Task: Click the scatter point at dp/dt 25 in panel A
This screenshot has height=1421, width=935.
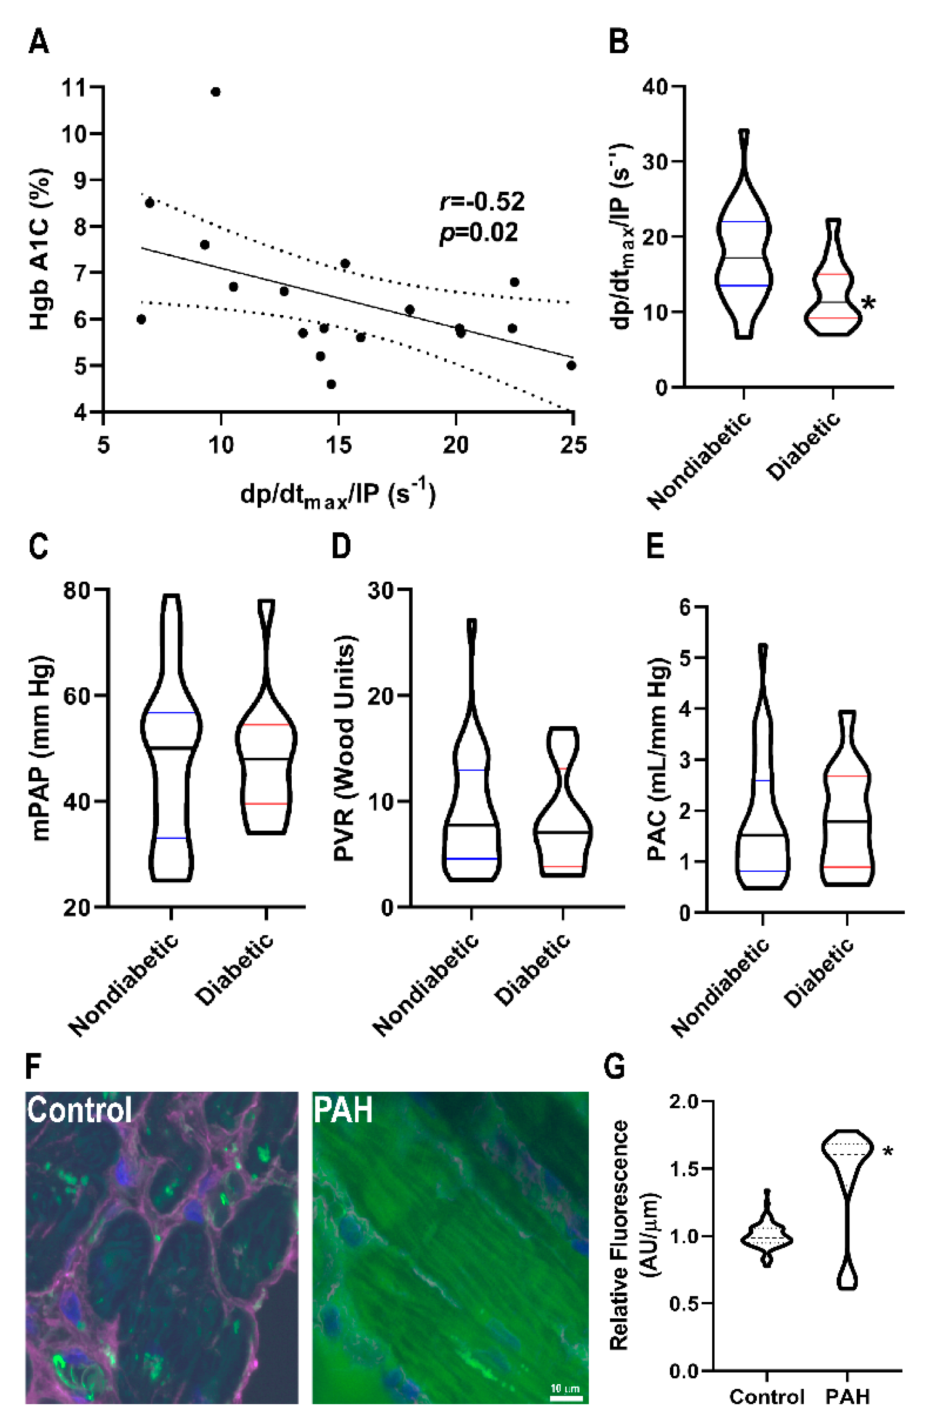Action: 571,365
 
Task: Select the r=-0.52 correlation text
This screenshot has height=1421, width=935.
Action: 482,202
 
